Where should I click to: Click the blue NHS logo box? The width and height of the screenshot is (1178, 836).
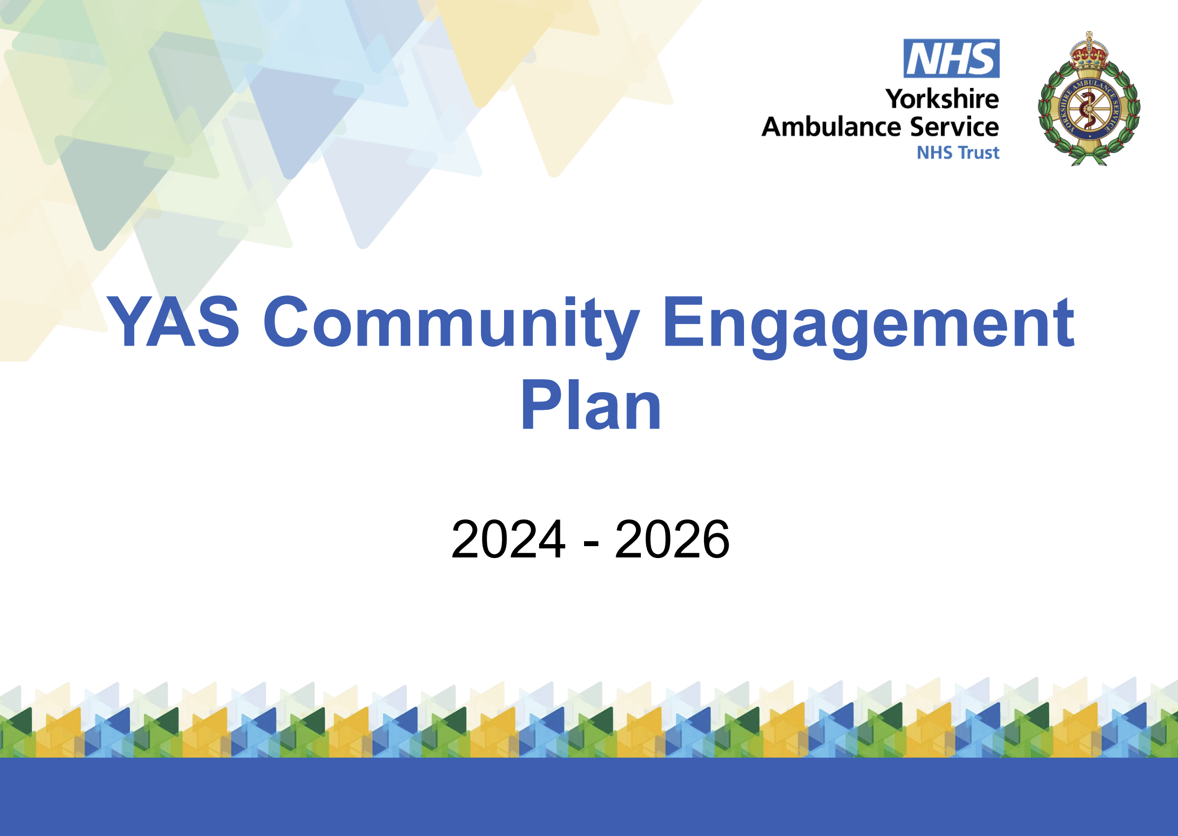[x=951, y=59]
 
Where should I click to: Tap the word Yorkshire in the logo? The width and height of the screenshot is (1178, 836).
[x=942, y=99]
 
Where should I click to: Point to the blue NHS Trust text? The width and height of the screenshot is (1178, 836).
[x=958, y=153]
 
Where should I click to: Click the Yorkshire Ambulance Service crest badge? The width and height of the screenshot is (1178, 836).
[x=1089, y=98]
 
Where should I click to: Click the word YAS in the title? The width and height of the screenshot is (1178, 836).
[x=173, y=322]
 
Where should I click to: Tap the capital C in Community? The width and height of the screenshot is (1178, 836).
[x=286, y=322]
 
